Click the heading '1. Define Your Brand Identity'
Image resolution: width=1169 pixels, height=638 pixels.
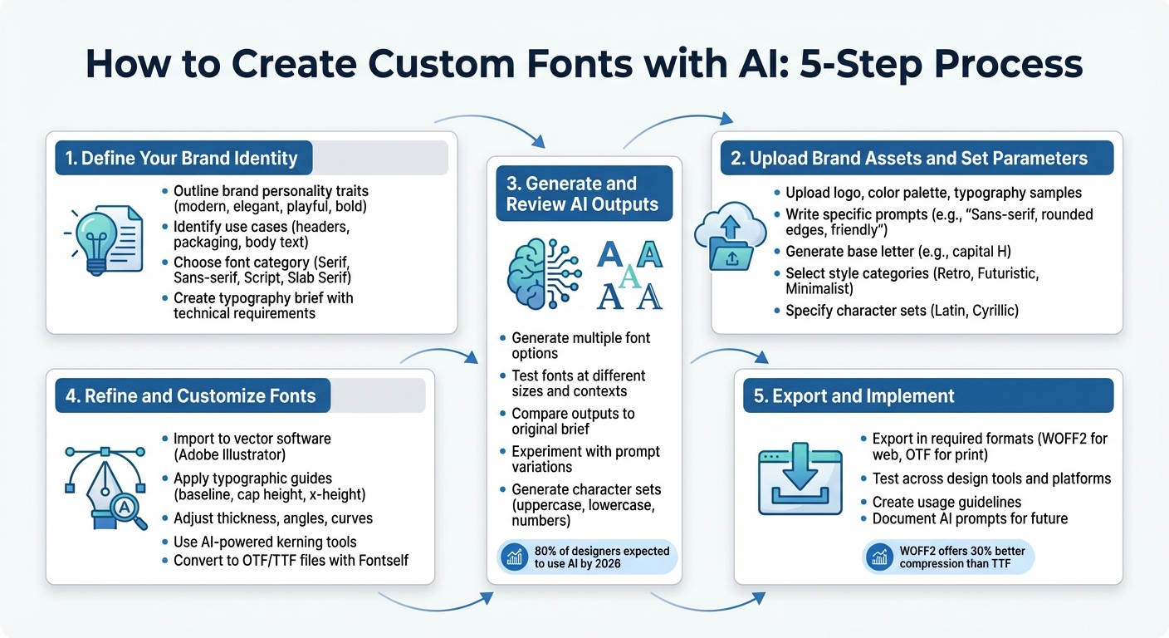click(182, 158)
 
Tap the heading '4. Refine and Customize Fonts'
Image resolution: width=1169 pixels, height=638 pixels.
click(190, 395)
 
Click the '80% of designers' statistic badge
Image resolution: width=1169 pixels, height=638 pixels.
click(589, 557)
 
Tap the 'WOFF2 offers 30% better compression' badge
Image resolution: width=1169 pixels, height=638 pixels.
click(949, 557)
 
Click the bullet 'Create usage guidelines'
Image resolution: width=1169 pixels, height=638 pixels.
click(946, 502)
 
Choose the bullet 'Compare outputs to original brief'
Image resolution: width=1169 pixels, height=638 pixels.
click(573, 421)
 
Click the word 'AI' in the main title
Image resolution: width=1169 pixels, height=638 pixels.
click(757, 65)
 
